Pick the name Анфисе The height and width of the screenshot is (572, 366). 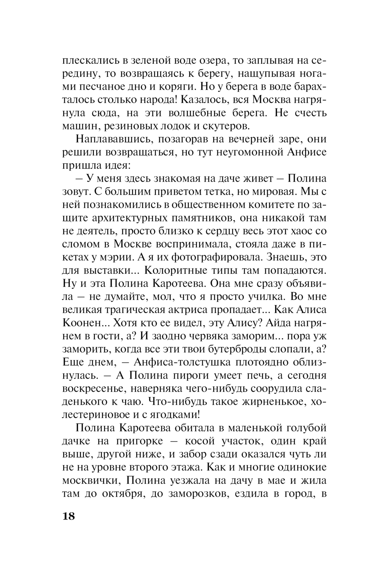click(307, 152)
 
